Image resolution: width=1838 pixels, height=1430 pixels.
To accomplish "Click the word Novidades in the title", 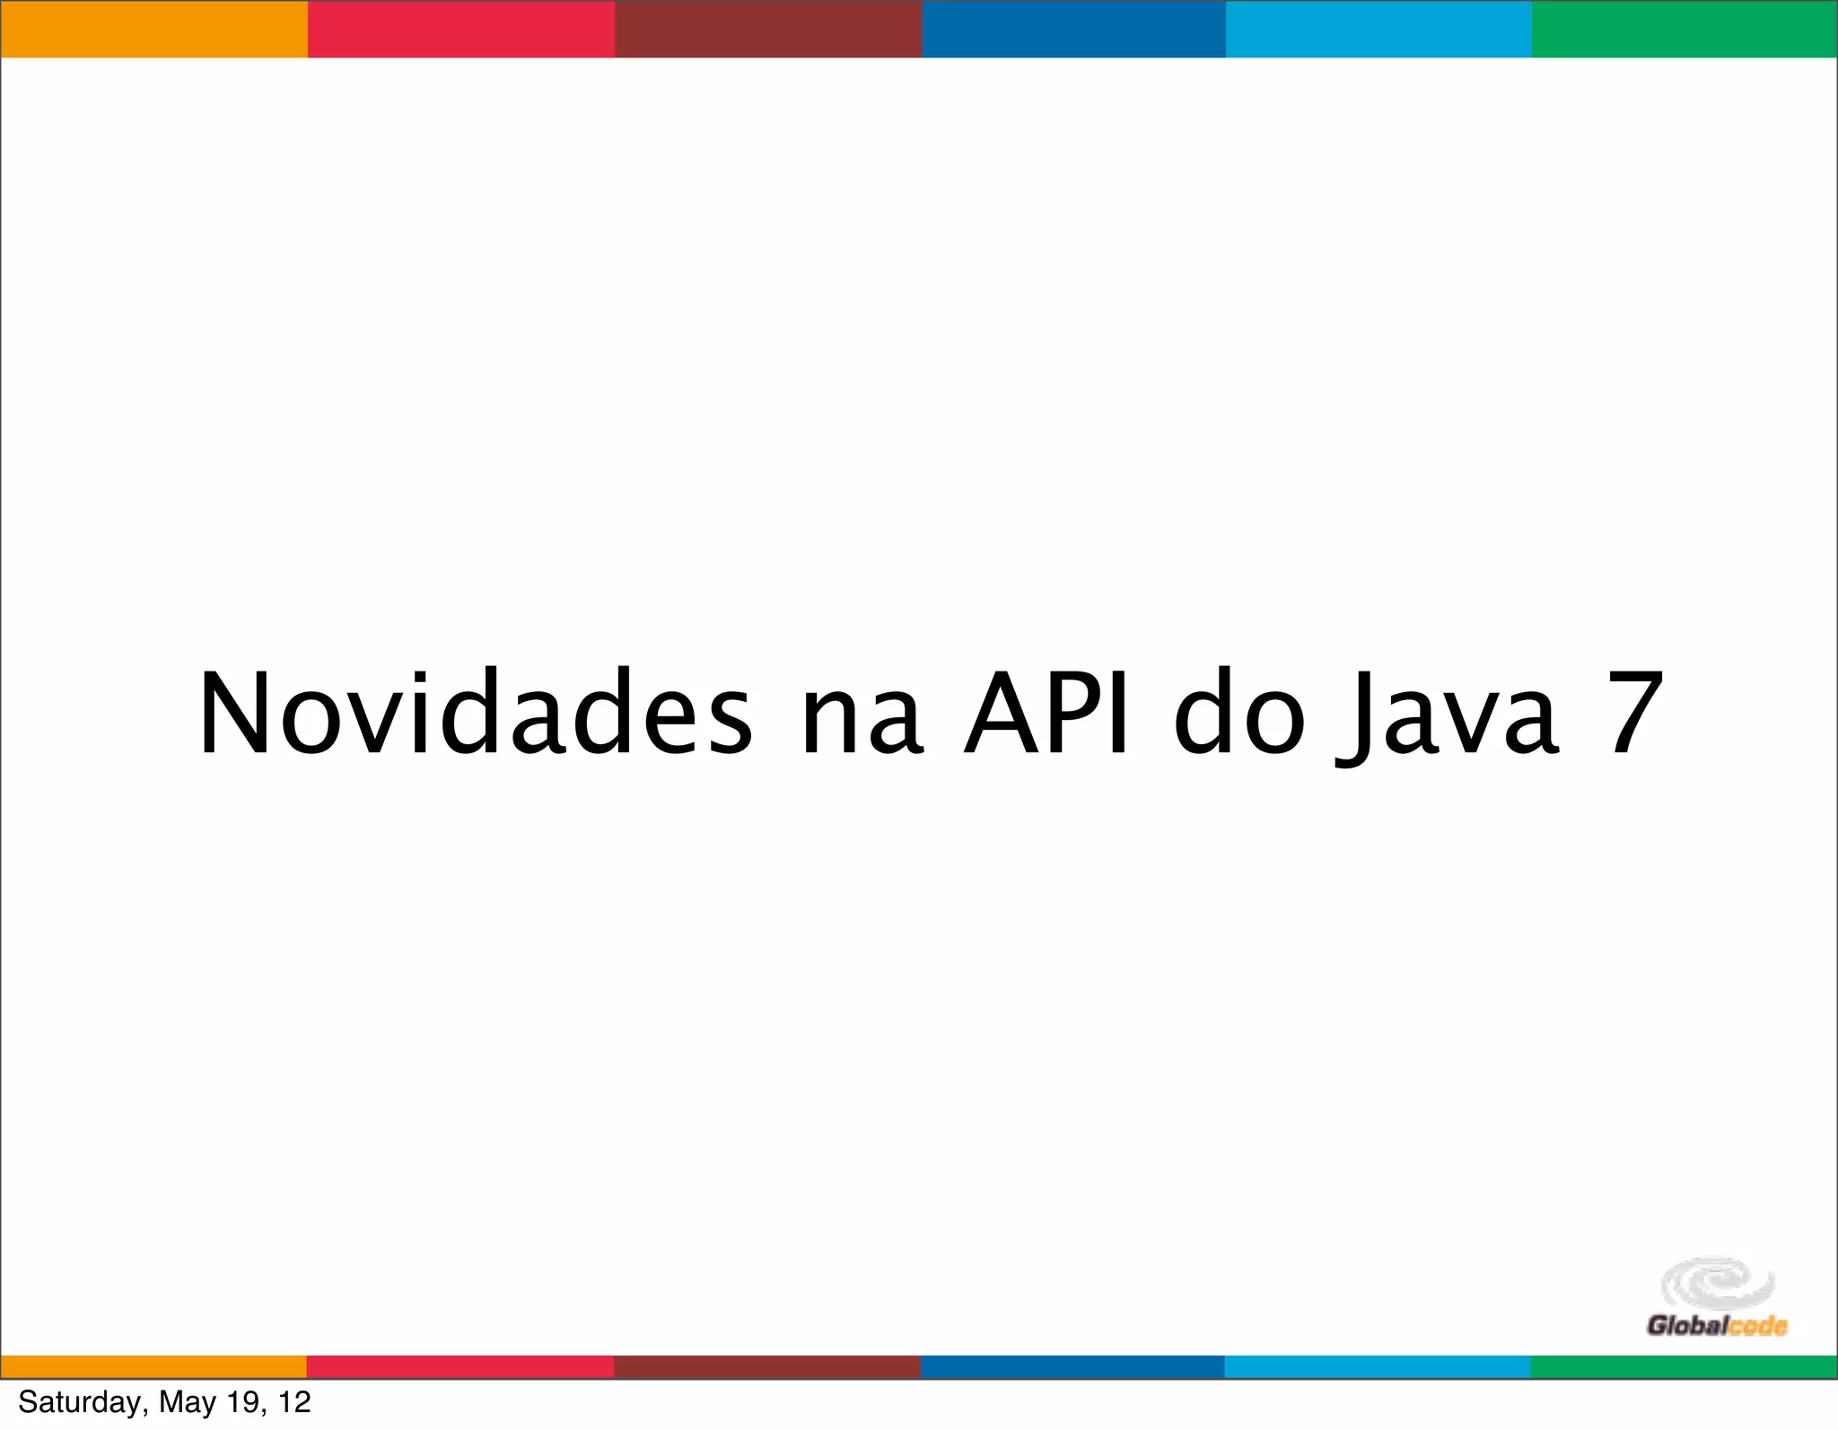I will (475, 715).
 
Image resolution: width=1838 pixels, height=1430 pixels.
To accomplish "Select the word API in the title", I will (1046, 715).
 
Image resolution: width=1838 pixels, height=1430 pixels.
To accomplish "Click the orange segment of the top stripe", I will (153, 29).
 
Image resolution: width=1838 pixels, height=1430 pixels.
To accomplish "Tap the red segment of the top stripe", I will (461, 29).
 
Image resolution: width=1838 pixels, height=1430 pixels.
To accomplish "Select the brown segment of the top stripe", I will (768, 29).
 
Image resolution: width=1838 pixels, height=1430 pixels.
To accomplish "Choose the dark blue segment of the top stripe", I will (1073, 29).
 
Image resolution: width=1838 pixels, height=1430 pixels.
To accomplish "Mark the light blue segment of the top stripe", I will (1378, 29).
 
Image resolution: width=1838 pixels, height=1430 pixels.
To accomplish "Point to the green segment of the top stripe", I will (1685, 29).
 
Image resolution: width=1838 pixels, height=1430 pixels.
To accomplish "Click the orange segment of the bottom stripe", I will (153, 1366).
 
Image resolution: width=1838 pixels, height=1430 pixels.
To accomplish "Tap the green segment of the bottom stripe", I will (1684, 1366).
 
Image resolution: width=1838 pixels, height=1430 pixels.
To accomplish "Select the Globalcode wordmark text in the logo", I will (1717, 1326).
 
